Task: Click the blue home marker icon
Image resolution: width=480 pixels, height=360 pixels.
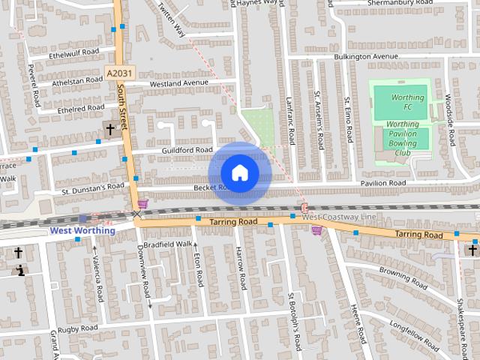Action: [x=239, y=172]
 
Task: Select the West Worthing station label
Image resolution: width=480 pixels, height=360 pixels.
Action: [x=82, y=230]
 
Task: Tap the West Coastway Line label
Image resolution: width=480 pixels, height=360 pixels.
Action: [x=338, y=216]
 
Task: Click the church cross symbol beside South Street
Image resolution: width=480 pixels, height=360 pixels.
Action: [x=110, y=130]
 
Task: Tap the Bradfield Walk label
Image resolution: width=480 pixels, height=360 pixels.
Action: [x=168, y=244]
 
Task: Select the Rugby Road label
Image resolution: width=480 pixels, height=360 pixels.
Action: [x=78, y=328]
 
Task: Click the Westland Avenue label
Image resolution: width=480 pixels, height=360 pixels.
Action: [x=178, y=82]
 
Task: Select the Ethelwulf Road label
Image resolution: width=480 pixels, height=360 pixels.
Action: [x=73, y=52]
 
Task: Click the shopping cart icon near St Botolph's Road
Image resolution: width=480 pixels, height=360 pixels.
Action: [x=316, y=230]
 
